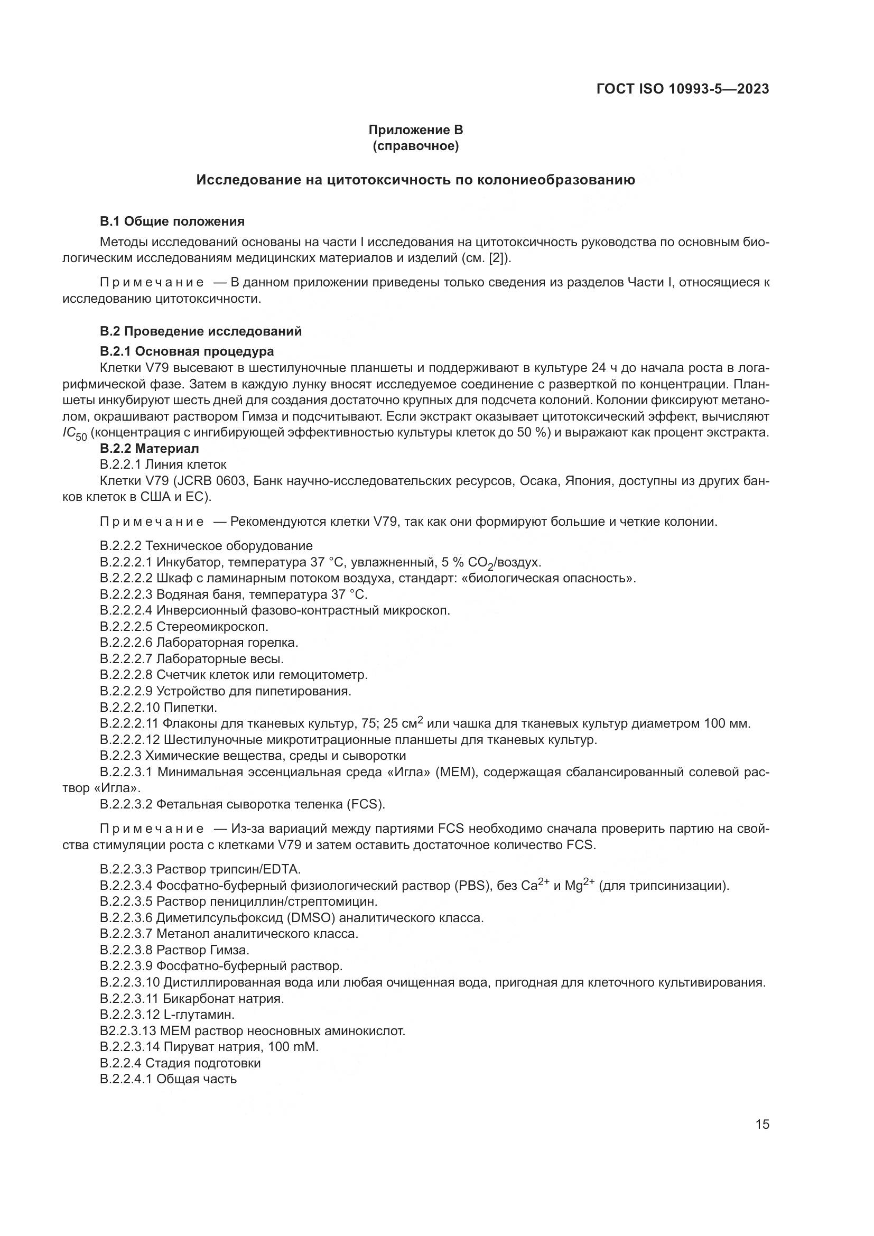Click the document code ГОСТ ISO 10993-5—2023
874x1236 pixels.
682,89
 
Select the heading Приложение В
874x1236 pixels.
415,130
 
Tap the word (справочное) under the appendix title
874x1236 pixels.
415,146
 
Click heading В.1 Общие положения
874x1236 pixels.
172,221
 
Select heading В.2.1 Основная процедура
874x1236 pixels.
187,351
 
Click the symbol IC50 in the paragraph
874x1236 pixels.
75,434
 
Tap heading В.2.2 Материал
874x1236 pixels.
149,448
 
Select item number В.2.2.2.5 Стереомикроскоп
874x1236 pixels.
126,627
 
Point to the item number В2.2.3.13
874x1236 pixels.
127,1031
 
